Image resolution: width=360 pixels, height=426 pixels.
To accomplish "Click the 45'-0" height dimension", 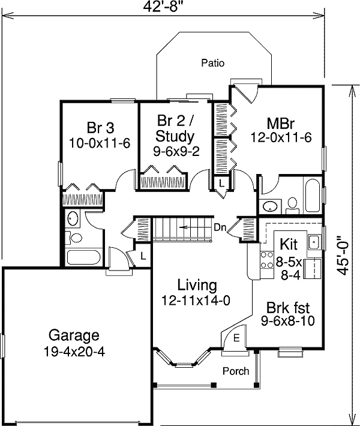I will point(343,254).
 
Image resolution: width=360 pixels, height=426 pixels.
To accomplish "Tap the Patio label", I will point(213,62).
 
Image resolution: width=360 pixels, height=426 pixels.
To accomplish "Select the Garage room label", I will point(74,335).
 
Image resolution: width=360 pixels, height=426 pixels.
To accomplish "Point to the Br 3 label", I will point(100,127).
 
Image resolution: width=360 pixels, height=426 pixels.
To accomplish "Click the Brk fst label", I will point(288,307).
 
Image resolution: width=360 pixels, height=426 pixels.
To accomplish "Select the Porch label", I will point(235,371).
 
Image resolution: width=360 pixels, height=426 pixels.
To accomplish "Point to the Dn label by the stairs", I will point(220,227).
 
